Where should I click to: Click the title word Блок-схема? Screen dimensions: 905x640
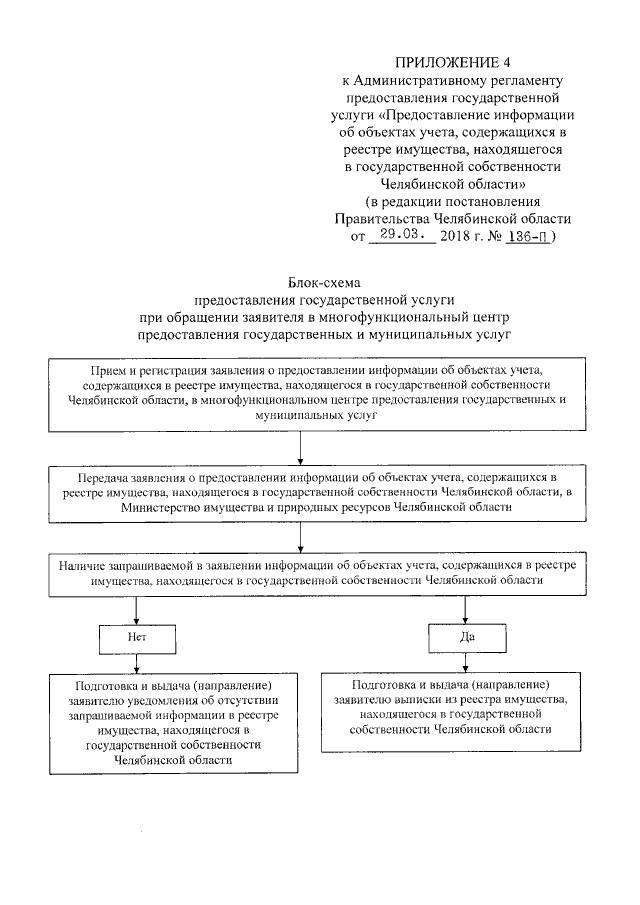click(x=324, y=282)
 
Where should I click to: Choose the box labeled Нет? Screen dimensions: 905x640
click(x=137, y=635)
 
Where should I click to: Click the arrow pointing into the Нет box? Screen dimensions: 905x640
click(x=137, y=615)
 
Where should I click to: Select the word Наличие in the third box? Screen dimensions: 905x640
click(x=84, y=565)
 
